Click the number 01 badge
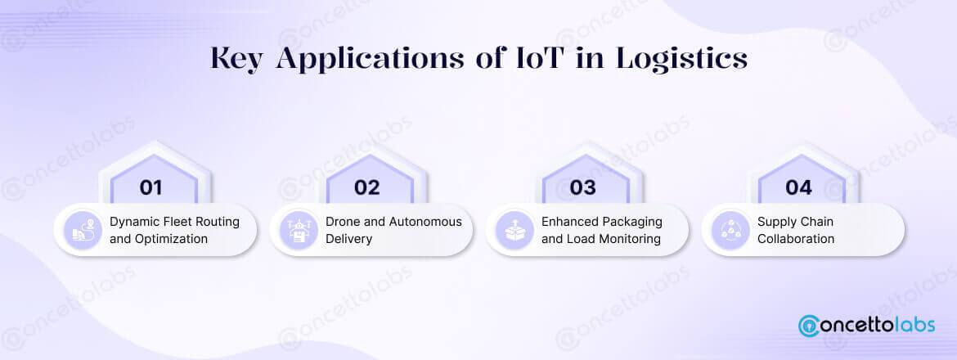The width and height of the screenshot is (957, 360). (151, 187)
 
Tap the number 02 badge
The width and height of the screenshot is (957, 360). (367, 187)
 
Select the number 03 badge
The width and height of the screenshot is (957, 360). (583, 187)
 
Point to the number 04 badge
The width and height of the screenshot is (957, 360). (798, 187)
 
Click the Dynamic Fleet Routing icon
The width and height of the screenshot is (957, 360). (82, 230)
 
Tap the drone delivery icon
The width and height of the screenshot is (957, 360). (298, 230)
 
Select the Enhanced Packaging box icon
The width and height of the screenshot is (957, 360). (514, 230)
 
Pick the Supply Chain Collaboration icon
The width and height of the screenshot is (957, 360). (730, 230)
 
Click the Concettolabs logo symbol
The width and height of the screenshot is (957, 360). (811, 325)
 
